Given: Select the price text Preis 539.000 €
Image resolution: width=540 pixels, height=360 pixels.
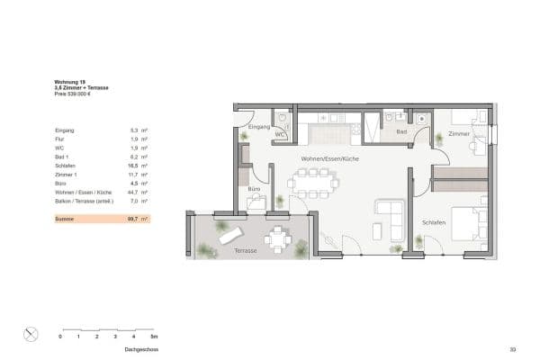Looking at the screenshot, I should tap(75, 94).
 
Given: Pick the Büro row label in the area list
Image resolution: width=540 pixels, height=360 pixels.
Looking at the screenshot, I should tap(61, 184).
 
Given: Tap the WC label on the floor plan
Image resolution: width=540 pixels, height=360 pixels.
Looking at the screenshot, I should tap(280, 135).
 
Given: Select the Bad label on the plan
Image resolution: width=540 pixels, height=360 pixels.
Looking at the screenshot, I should tap(401, 132).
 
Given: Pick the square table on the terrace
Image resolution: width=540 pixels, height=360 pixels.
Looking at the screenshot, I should tap(278, 238).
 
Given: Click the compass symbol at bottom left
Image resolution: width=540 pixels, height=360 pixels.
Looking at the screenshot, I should tap(30, 334).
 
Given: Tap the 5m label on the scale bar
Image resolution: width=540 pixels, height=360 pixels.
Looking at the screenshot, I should tap(150, 337).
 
